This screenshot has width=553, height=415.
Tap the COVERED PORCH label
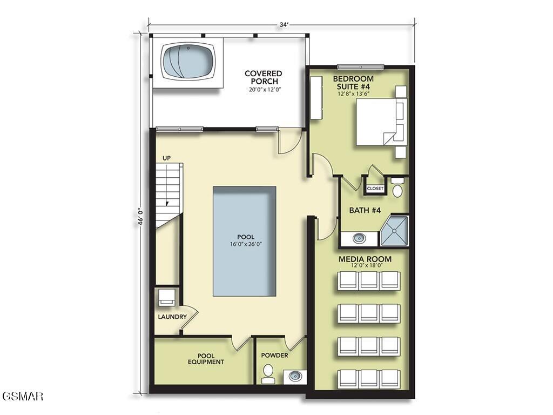point(263,77)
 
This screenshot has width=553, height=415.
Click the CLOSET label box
point(375,189)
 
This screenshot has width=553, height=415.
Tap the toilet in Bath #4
point(397,189)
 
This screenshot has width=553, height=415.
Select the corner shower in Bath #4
point(394,231)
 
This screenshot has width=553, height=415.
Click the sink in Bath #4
point(359,238)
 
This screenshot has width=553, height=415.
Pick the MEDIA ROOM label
point(365,259)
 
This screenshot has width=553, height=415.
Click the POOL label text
point(245,237)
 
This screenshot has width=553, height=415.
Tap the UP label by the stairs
point(166,158)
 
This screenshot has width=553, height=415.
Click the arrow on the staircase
point(167,203)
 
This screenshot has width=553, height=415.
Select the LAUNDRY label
point(172,317)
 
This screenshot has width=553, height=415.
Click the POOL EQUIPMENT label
point(206,359)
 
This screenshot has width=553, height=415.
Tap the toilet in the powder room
point(268,373)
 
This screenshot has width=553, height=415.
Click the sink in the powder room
point(295,376)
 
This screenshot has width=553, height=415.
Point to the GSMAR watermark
point(22,396)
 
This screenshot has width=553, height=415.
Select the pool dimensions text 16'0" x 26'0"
point(245,244)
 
